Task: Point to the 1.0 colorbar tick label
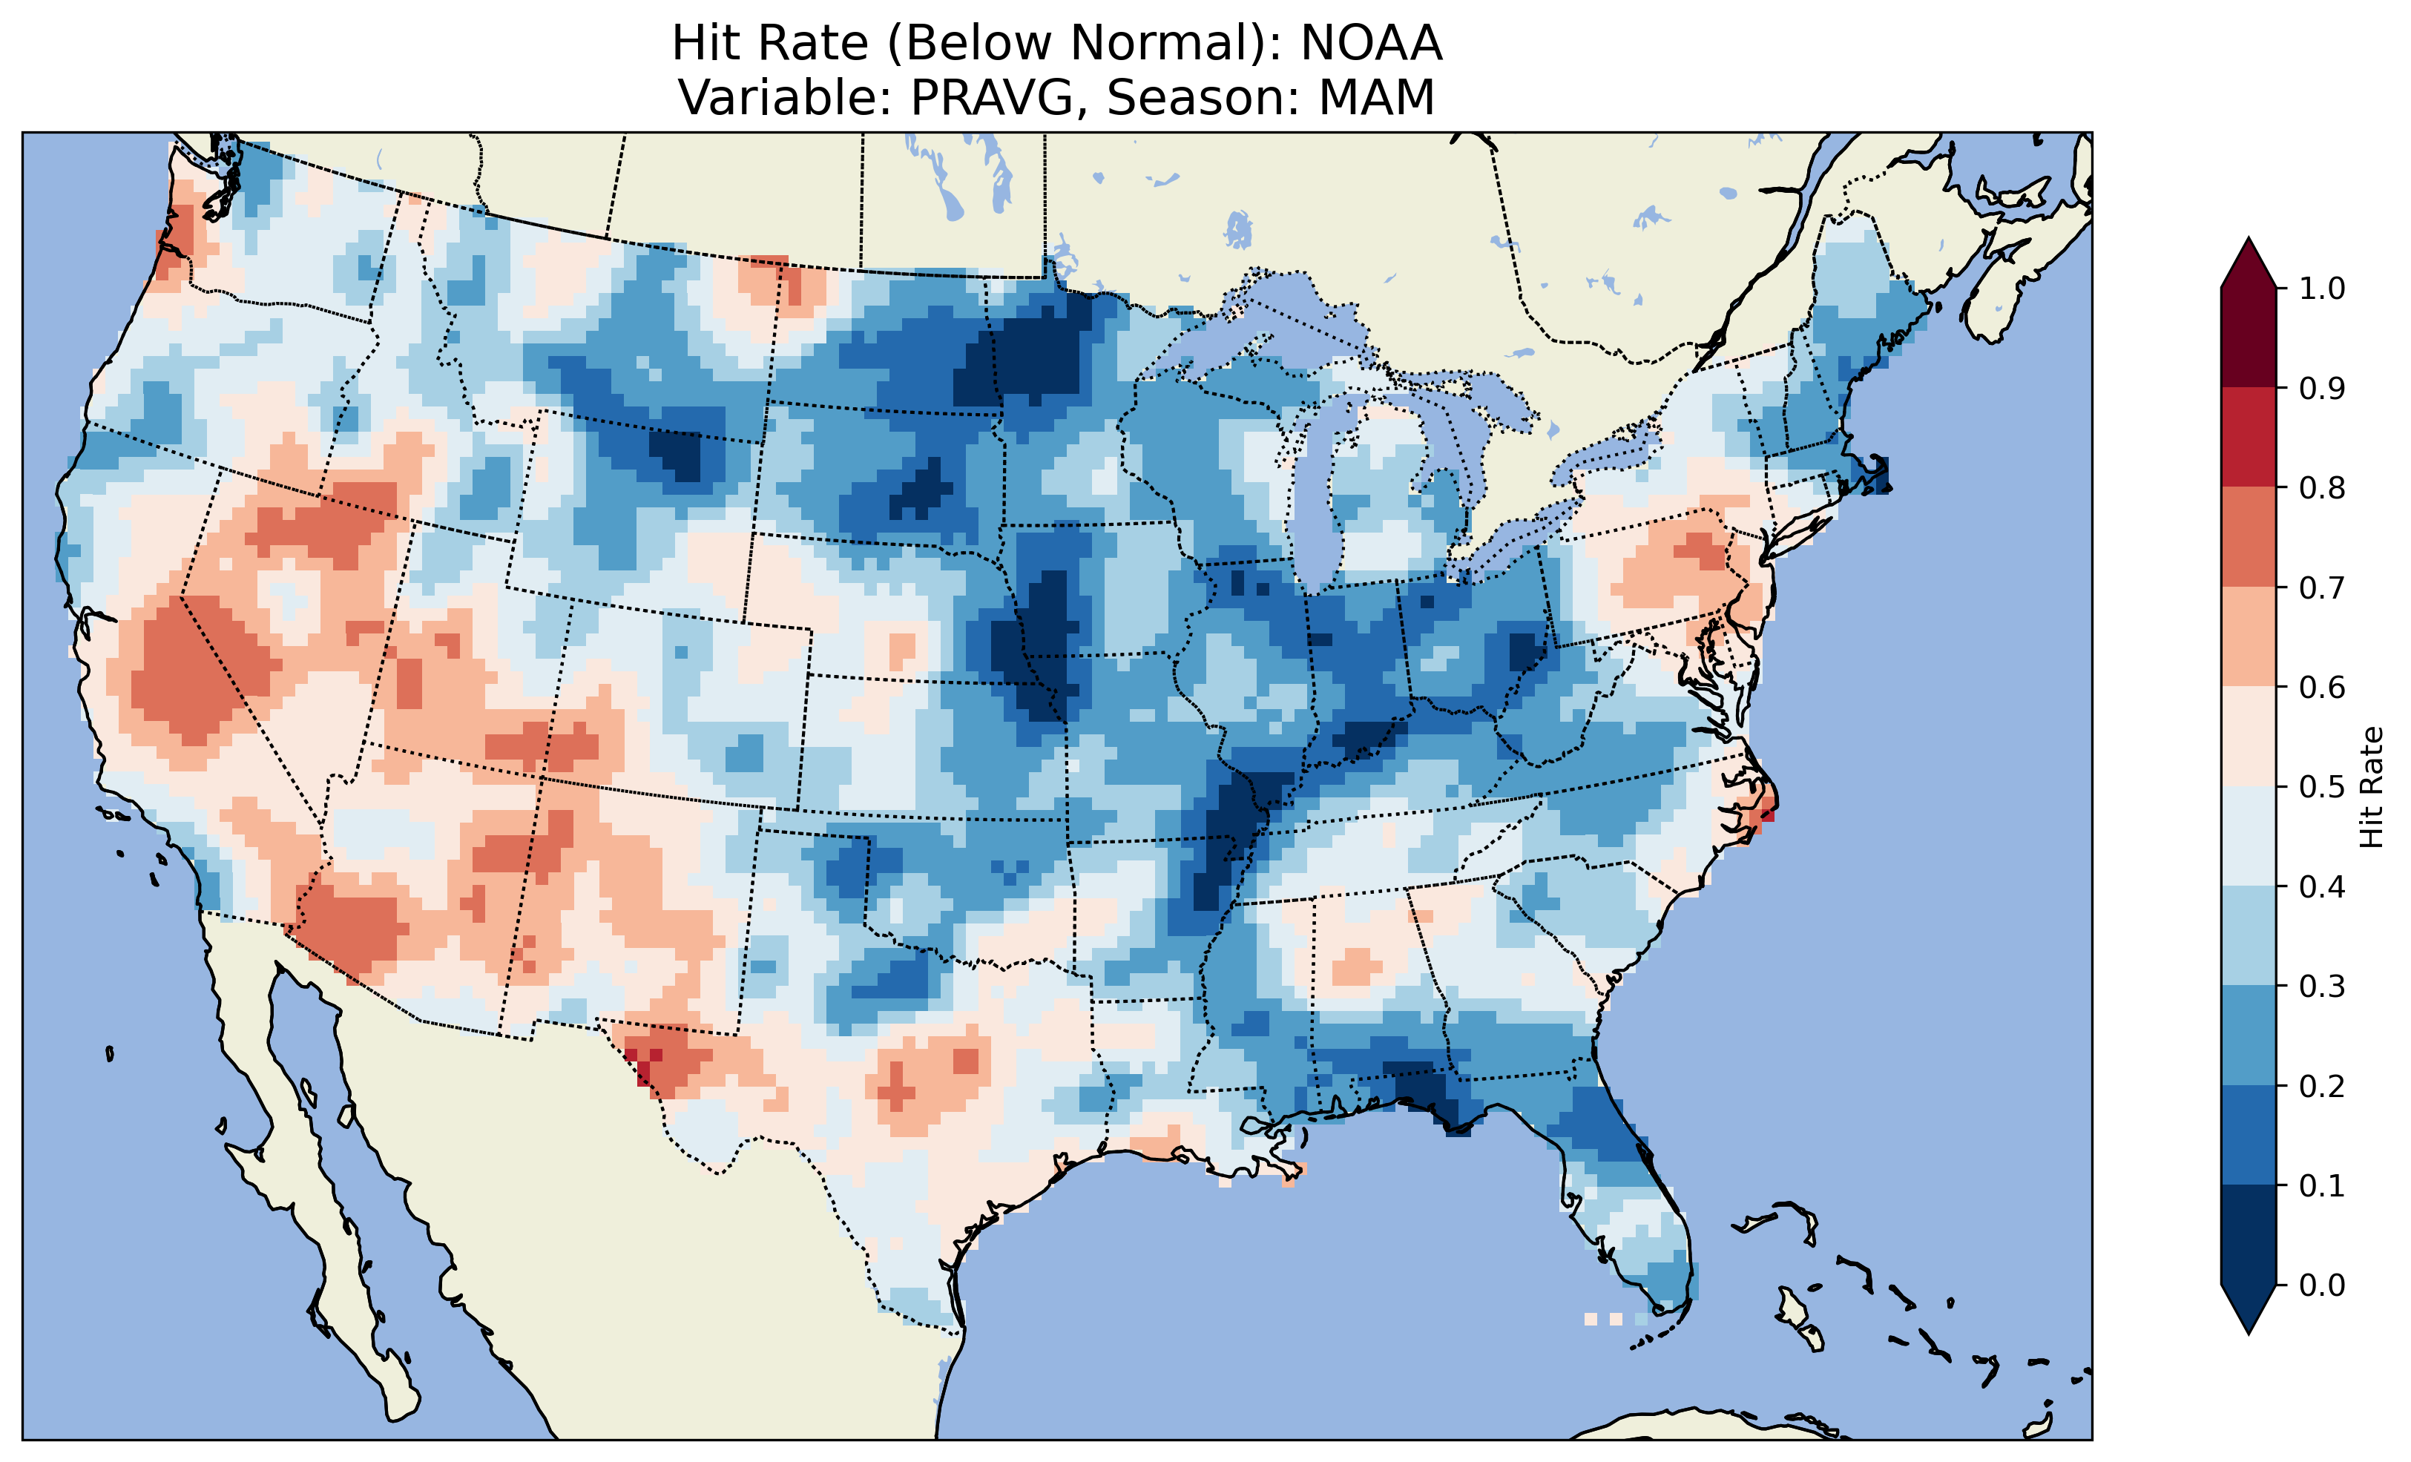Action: click(x=2322, y=289)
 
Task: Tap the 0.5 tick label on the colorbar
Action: click(x=2322, y=787)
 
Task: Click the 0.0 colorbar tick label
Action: click(x=2322, y=1285)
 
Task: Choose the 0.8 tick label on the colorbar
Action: click(x=2322, y=487)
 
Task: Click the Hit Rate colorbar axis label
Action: click(x=2371, y=787)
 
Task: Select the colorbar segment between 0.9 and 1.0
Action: click(x=2249, y=337)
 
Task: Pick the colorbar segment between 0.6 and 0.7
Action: click(x=2249, y=636)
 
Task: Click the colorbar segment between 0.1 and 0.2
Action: click(x=2249, y=1135)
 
